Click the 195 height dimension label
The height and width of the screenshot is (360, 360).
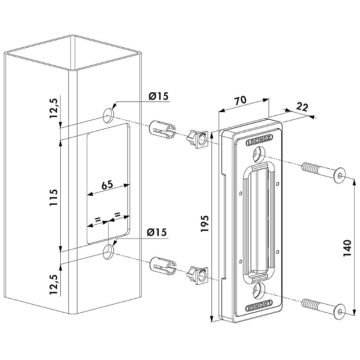205,223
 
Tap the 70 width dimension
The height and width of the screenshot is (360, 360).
240,100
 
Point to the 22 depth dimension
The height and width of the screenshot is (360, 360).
302,107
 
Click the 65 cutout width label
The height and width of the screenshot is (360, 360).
107,185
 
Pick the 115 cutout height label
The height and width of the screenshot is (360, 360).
54,198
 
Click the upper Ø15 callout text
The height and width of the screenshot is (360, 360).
158,96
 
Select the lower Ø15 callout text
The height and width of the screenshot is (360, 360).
157,232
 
